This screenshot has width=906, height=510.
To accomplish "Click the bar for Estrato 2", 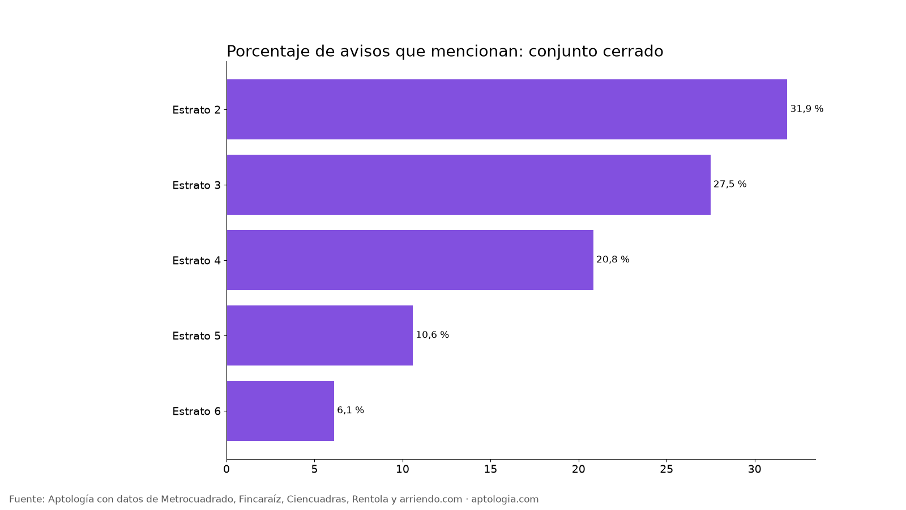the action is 507,109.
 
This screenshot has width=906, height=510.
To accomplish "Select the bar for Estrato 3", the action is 468,185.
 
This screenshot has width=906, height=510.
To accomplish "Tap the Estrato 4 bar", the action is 410,260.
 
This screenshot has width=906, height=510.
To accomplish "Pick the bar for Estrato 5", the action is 319,335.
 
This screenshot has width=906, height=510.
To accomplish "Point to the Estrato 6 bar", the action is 280,411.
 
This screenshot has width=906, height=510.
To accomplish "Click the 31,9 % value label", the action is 807,109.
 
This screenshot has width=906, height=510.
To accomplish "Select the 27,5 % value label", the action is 730,184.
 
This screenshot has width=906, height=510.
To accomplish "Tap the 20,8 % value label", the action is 613,260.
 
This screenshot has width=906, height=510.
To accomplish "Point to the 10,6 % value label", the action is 433,335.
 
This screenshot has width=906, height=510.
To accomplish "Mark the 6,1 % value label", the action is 351,410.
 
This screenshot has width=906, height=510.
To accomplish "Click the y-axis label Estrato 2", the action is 196,110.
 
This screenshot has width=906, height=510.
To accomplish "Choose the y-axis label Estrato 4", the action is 196,260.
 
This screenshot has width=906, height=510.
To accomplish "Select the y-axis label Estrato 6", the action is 196,411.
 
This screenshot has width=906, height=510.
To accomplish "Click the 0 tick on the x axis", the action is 226,469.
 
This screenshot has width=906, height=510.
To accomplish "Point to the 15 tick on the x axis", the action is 490,469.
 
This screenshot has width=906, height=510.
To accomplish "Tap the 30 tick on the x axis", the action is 754,469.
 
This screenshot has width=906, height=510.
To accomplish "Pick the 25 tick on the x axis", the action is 666,469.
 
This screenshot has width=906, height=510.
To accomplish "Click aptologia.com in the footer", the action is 505,499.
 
